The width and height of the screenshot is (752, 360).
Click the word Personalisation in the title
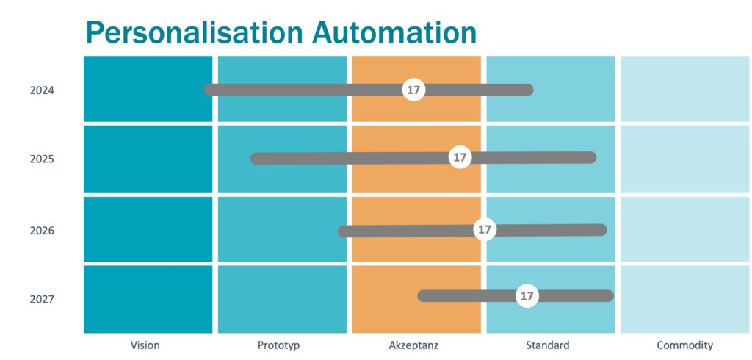click(195, 33)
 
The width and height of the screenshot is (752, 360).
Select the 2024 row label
click(42, 90)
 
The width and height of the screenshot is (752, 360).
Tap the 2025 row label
click(42, 159)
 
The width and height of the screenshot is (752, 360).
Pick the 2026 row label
click(42, 231)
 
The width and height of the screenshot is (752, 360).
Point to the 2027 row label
click(42, 300)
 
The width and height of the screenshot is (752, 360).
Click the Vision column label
click(145, 345)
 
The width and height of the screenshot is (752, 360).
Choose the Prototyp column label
click(278, 345)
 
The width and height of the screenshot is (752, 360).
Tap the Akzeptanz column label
click(414, 345)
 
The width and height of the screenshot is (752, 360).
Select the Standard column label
click(548, 345)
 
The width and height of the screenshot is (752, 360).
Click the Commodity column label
click(685, 345)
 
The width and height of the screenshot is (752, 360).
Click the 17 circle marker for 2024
click(413, 90)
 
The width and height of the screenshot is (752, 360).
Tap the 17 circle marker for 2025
click(460, 157)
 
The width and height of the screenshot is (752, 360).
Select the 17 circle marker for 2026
click(485, 229)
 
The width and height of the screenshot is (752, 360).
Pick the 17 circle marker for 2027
click(527, 296)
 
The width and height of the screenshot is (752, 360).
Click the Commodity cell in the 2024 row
click(686, 89)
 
